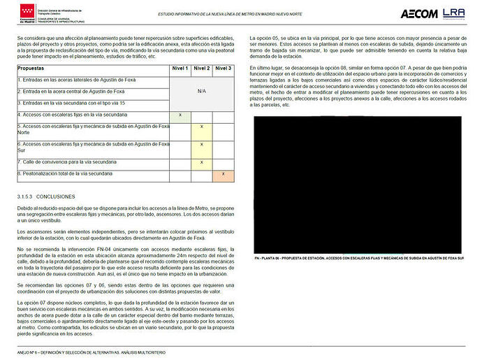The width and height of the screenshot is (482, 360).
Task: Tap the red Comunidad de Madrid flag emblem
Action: point(24,12)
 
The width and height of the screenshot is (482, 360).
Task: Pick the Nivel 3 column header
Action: point(224,69)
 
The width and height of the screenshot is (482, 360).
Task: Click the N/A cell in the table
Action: point(202,90)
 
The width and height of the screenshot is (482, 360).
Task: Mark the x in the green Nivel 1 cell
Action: point(180,114)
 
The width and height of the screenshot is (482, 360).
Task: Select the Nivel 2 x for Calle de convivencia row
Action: point(202,161)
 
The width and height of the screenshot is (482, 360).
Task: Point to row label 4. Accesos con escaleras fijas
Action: point(73,114)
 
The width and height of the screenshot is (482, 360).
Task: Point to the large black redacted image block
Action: point(357,183)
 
